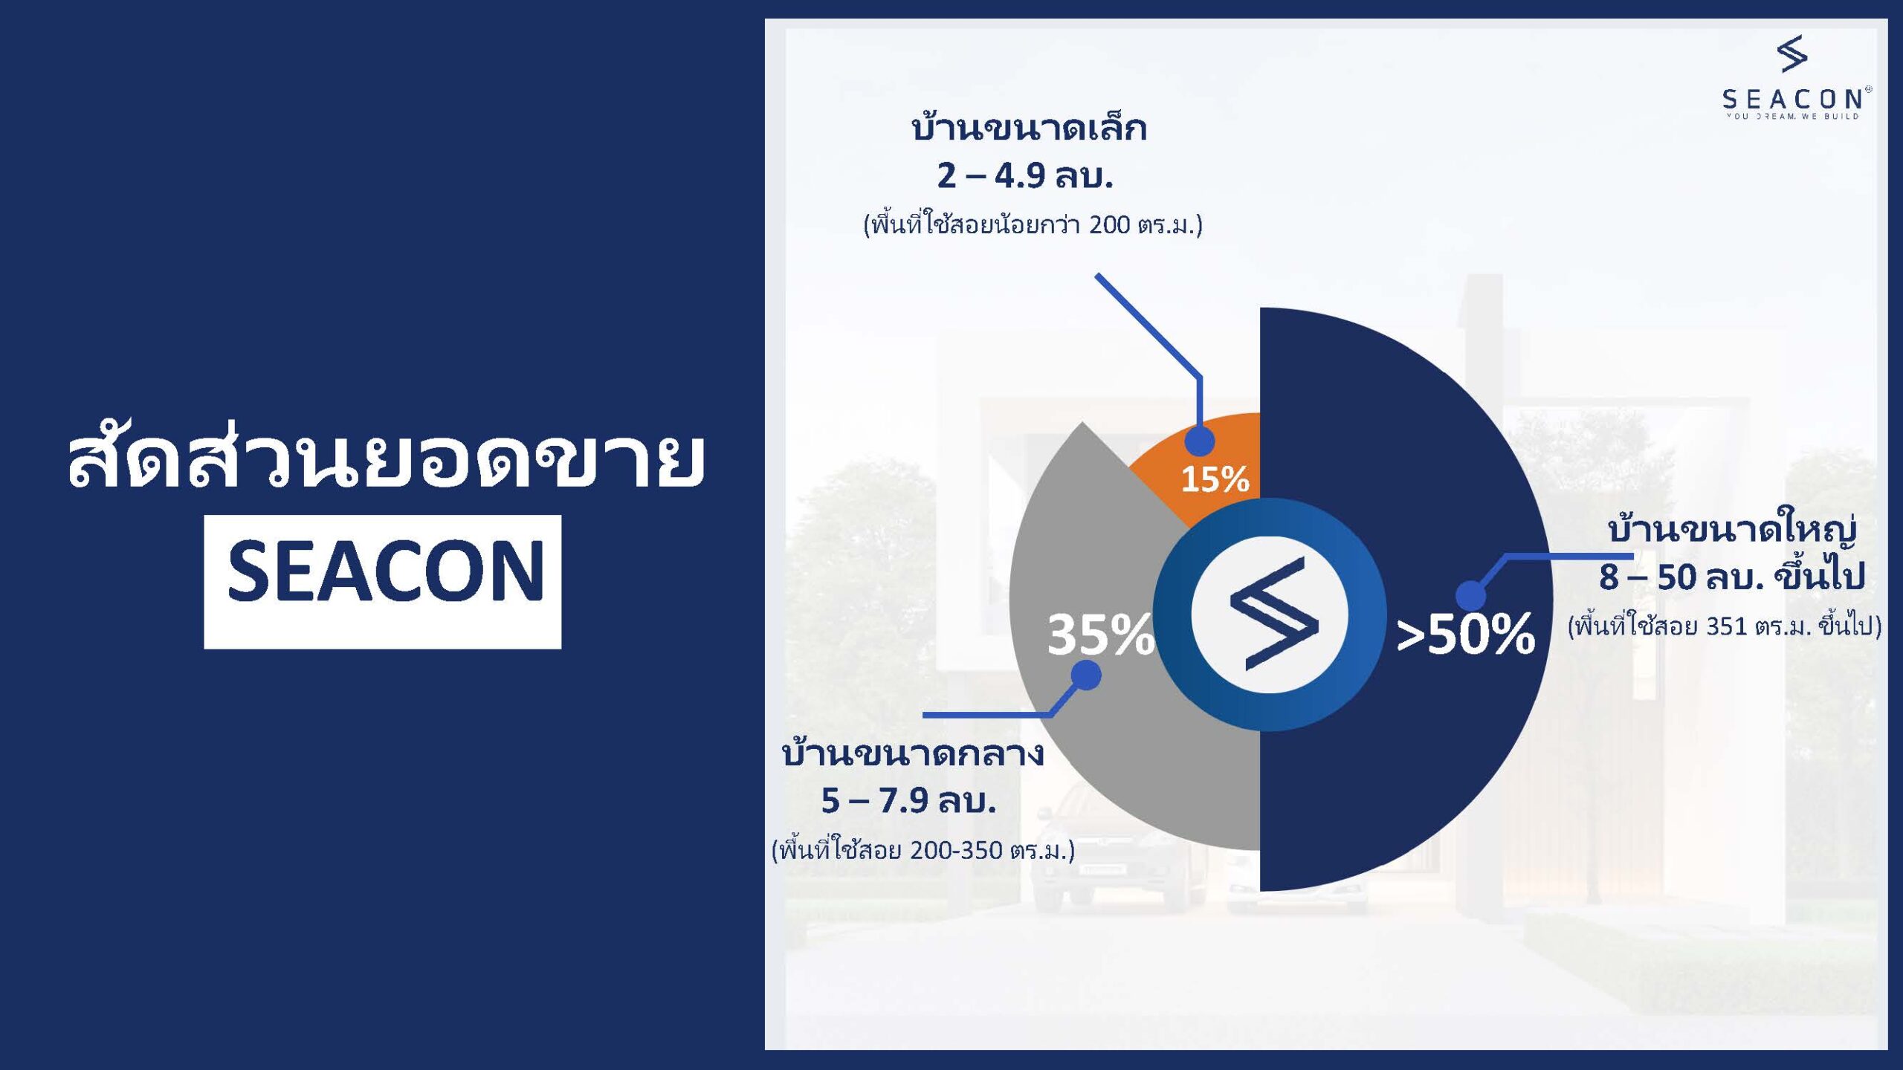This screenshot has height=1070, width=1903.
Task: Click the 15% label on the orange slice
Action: (1215, 479)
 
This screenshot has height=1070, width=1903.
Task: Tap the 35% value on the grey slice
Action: (1101, 635)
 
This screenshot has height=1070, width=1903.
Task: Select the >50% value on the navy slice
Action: (1465, 635)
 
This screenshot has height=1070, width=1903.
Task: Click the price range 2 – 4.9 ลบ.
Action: (1025, 176)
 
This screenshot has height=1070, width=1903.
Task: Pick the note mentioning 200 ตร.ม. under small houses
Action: (1033, 224)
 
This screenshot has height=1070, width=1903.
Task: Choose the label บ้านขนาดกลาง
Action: (913, 752)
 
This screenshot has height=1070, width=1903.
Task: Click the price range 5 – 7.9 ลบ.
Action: (908, 801)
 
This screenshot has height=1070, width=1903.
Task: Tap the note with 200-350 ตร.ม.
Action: (923, 849)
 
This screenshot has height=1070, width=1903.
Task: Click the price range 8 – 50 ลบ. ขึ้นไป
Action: (1733, 577)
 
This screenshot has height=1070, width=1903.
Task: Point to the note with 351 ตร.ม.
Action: (1725, 626)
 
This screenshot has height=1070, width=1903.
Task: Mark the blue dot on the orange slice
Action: (1199, 441)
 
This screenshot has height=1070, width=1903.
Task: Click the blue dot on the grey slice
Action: (1087, 675)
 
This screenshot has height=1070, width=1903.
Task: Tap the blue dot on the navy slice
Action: (1470, 596)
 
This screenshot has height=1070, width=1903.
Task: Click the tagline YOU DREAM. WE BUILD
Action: (1793, 116)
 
